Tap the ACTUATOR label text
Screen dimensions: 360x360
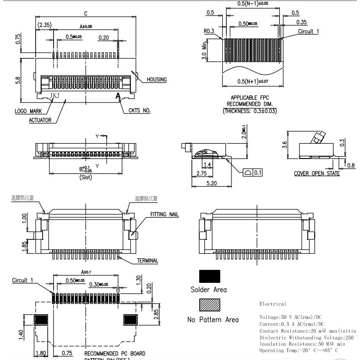[40, 120]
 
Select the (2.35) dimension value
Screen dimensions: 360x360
[45, 24]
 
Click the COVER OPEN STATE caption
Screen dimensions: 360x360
[317, 173]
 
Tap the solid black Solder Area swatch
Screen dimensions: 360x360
[209, 276]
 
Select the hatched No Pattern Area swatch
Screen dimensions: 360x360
[209, 305]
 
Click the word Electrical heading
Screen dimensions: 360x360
[273, 304]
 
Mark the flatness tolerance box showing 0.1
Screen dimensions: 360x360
[252, 172]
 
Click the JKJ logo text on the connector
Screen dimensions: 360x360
[55, 96]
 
